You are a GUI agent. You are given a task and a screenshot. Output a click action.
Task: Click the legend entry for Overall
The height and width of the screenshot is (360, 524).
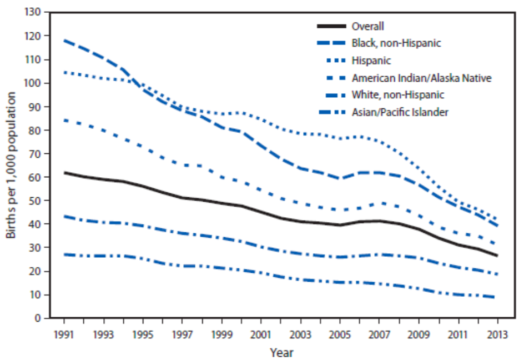tap(367, 26)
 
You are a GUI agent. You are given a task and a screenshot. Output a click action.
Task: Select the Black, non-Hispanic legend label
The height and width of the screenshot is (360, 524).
tap(396, 43)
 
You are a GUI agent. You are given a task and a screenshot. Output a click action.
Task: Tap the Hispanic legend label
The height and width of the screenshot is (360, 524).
tap(371, 60)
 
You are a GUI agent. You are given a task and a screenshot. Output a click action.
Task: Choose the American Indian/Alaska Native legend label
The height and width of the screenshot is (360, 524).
tap(421, 78)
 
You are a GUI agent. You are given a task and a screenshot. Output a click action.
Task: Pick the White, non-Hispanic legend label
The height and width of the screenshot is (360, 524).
tap(397, 95)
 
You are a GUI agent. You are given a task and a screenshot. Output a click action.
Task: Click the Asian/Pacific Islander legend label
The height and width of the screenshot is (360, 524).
tap(400, 112)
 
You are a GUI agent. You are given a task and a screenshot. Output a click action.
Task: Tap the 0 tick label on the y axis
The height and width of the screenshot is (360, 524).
tap(41, 318)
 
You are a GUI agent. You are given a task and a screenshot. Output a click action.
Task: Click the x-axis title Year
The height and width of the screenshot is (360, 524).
tap(281, 353)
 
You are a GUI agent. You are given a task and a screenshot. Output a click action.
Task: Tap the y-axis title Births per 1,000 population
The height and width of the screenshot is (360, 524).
tap(11, 164)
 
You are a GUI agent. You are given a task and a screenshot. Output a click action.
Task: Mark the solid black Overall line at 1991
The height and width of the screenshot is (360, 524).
tap(64, 173)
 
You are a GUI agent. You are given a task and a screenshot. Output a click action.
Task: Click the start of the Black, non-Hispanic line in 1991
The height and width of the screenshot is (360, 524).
tap(64, 40)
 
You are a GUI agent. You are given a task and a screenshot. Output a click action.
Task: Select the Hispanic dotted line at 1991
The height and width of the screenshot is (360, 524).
tap(64, 72)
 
